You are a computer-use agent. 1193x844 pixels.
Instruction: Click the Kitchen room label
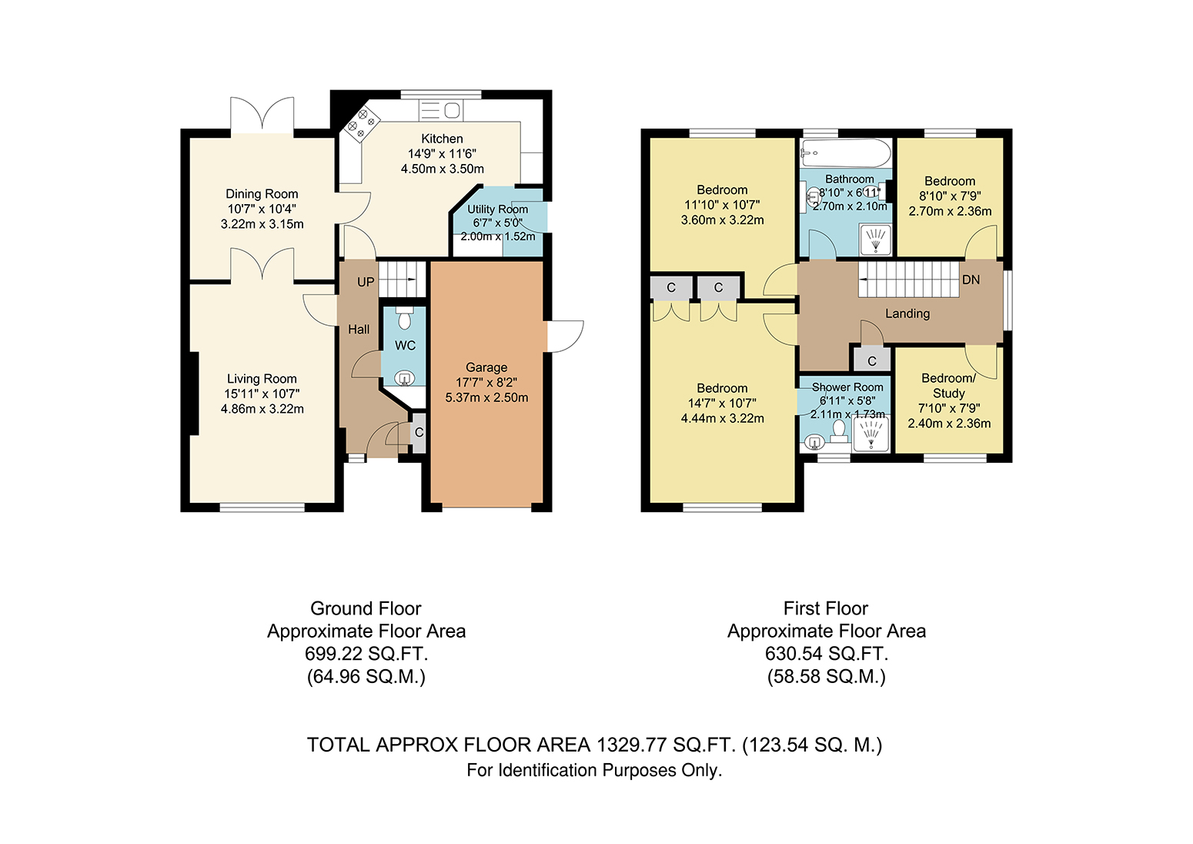(x=442, y=139)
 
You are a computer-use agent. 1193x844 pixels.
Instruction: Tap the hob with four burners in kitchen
(x=361, y=124)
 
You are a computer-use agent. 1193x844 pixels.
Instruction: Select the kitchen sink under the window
(x=441, y=111)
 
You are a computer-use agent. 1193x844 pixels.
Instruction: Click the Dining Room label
(x=262, y=194)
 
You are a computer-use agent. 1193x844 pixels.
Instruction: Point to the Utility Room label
(x=497, y=209)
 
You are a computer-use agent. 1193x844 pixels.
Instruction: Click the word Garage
(x=486, y=367)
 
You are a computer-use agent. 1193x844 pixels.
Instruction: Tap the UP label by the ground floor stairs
(x=366, y=282)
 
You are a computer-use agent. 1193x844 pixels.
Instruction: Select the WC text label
(x=405, y=346)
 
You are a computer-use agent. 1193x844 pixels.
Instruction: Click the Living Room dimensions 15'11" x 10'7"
(x=262, y=394)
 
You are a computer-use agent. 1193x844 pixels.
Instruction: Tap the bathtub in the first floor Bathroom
(x=846, y=153)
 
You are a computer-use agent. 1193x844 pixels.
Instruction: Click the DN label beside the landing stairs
(x=971, y=280)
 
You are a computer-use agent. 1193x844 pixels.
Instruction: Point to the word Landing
(x=907, y=314)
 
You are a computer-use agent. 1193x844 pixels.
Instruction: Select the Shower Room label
(x=847, y=387)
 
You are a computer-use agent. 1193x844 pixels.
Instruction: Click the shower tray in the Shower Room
(x=871, y=434)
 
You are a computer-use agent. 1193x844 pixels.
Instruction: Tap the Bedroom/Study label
(x=949, y=386)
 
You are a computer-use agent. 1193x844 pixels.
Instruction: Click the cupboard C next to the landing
(x=872, y=361)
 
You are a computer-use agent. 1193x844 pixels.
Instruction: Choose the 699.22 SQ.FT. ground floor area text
(x=366, y=653)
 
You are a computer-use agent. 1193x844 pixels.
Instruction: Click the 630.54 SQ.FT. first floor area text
(x=827, y=653)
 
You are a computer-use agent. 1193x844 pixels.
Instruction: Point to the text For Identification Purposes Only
(x=594, y=771)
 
